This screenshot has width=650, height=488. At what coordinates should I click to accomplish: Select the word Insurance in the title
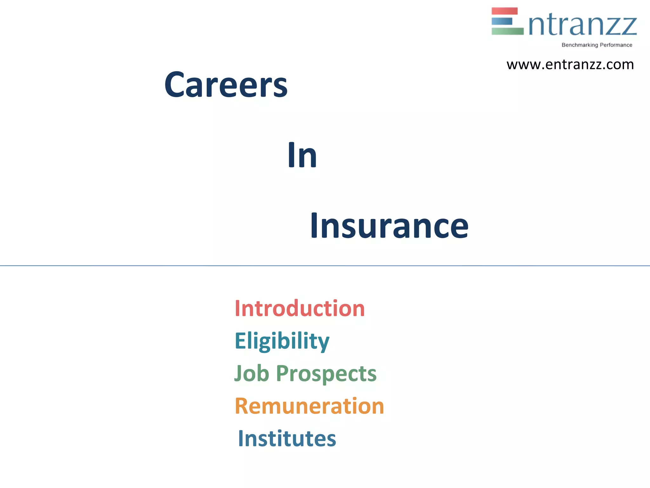pyautogui.click(x=389, y=226)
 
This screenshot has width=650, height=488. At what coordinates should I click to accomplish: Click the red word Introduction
pyautogui.click(x=300, y=308)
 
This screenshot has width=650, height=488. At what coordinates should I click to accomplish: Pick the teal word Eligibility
pyautogui.click(x=282, y=341)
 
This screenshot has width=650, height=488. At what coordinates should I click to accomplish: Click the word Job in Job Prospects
pyautogui.click(x=252, y=373)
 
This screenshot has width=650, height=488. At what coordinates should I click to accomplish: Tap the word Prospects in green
pyautogui.click(x=326, y=374)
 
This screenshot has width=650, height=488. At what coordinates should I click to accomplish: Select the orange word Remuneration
pyautogui.click(x=309, y=406)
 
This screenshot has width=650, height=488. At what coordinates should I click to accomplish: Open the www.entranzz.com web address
pyautogui.click(x=570, y=65)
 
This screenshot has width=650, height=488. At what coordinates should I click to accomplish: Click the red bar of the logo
pyautogui.click(x=504, y=11)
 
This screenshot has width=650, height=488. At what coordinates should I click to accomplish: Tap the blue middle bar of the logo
pyautogui.click(x=502, y=21)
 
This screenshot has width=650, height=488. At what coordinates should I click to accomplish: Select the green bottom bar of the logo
pyautogui.click(x=507, y=31)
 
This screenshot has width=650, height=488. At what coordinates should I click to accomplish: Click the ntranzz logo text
pyautogui.click(x=583, y=25)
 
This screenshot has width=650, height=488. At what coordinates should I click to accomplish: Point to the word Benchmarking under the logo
pyautogui.click(x=580, y=45)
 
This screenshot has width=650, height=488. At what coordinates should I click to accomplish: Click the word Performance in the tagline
pyautogui.click(x=616, y=45)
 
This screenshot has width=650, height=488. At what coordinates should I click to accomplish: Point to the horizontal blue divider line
pyautogui.click(x=325, y=265)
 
